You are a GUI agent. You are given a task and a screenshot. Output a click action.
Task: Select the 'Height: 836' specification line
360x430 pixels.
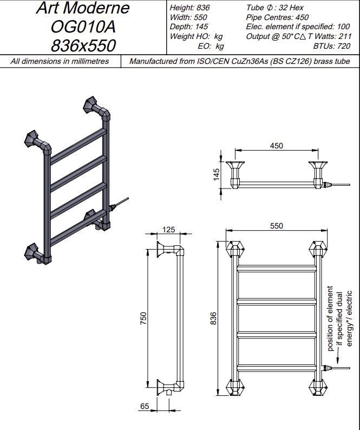point(189,8)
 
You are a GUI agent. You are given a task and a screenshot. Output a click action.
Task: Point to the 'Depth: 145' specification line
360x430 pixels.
point(188,27)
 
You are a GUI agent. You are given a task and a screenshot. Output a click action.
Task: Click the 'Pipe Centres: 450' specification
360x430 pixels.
point(277,17)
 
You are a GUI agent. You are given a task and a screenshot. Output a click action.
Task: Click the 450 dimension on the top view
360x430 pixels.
point(276,146)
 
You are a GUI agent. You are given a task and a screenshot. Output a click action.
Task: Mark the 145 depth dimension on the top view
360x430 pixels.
point(217,174)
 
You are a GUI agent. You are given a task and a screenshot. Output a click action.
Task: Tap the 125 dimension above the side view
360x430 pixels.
point(169,230)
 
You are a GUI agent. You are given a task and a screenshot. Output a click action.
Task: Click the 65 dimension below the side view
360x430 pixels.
point(145,405)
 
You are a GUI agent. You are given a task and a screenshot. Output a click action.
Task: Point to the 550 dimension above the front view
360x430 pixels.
point(276,226)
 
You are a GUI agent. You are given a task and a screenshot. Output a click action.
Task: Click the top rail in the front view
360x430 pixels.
point(276,268)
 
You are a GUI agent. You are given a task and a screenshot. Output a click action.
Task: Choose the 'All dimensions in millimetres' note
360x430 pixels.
point(60,61)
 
